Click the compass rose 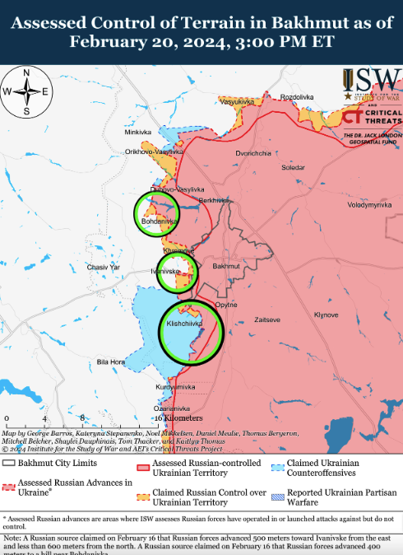(26, 91)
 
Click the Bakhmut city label (225, 267)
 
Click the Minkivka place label (138, 132)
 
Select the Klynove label (327, 315)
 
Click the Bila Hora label (111, 361)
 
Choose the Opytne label (226, 305)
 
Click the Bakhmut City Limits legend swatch (9, 464)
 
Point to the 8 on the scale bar (83, 418)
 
